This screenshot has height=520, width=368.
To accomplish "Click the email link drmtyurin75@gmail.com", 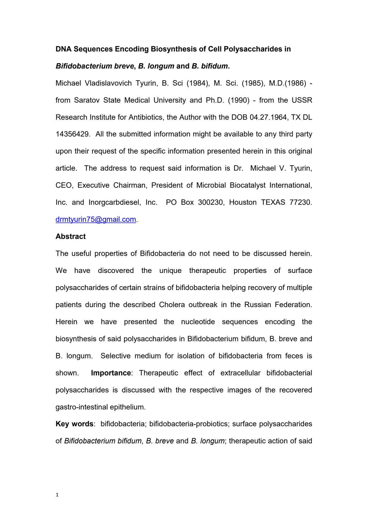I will point(96,219).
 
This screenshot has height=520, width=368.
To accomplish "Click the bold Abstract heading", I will point(71,236).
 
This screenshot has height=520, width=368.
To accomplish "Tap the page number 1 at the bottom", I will point(57,495).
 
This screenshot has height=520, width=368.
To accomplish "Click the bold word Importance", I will point(111,373).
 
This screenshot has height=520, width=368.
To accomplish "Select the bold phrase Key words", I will point(74,424).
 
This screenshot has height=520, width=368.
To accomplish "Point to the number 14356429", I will point(72,134).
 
